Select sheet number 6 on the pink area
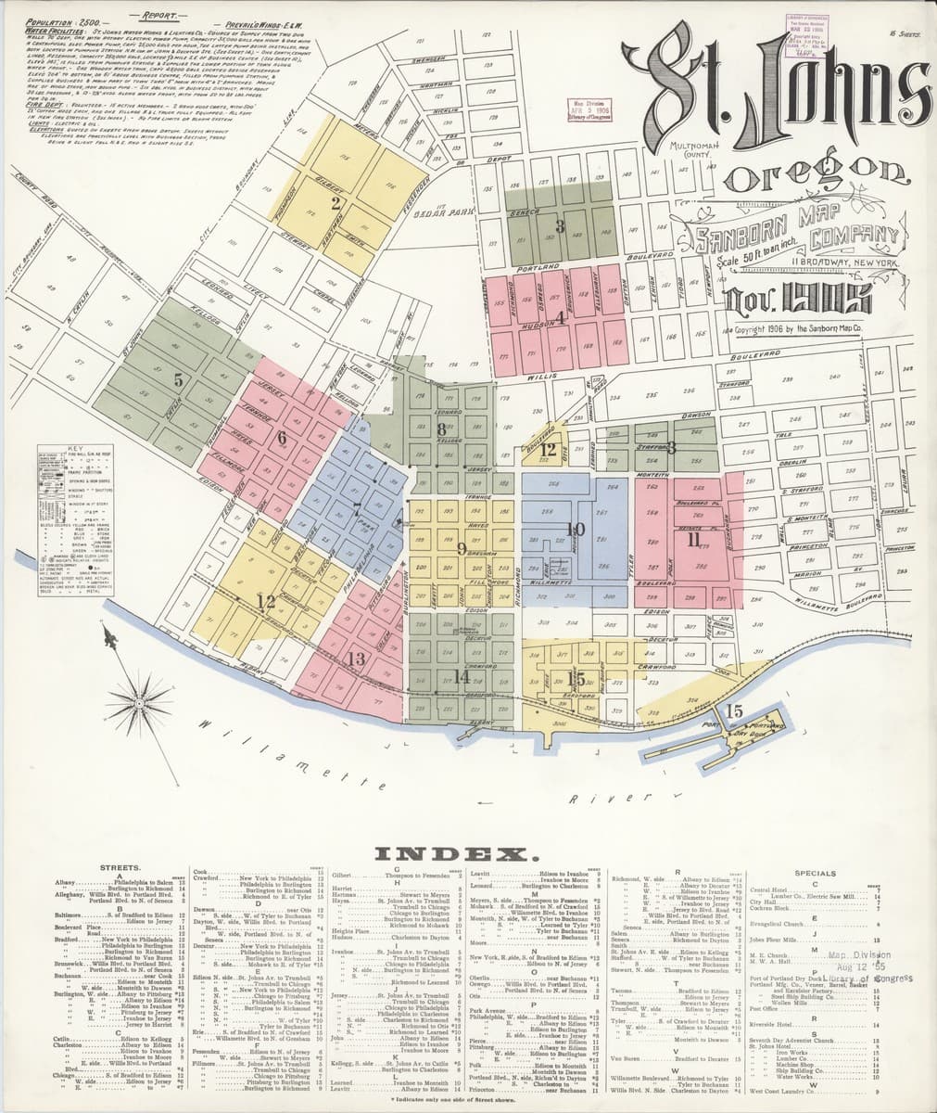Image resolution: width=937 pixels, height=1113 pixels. click(x=281, y=438)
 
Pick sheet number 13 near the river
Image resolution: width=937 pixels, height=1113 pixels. click(x=355, y=660)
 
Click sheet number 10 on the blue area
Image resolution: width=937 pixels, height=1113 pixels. click(x=576, y=530)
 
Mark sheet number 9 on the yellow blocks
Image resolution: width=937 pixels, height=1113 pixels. click(x=461, y=548)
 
